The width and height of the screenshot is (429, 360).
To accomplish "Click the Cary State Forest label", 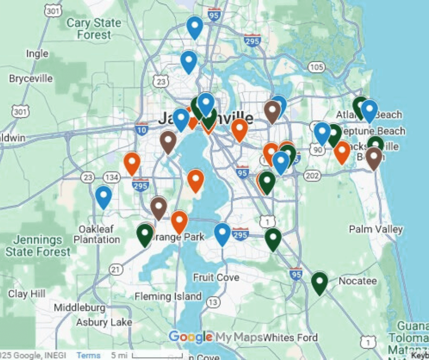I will click(94, 28).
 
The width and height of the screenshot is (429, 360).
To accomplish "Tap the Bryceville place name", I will click(31, 79).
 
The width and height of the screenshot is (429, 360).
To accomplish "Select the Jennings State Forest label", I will click(38, 245).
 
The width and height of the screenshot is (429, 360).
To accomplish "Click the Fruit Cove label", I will click(216, 277).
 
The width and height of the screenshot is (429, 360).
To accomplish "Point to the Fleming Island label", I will click(168, 296).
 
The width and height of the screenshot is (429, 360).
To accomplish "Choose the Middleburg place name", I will click(79, 307).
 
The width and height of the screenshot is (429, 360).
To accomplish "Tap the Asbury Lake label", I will click(104, 323).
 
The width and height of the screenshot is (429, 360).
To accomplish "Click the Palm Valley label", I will click(376, 229).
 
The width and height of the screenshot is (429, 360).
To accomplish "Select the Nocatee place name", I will click(358, 281).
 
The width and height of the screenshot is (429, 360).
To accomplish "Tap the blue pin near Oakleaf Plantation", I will click(104, 196).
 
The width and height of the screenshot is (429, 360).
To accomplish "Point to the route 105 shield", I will click(316, 68).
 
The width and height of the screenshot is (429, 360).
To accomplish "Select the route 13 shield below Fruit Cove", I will click(212, 302).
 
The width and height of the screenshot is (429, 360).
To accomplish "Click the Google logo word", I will click(190, 337).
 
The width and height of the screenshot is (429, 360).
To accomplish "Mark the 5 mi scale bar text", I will click(120, 355).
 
